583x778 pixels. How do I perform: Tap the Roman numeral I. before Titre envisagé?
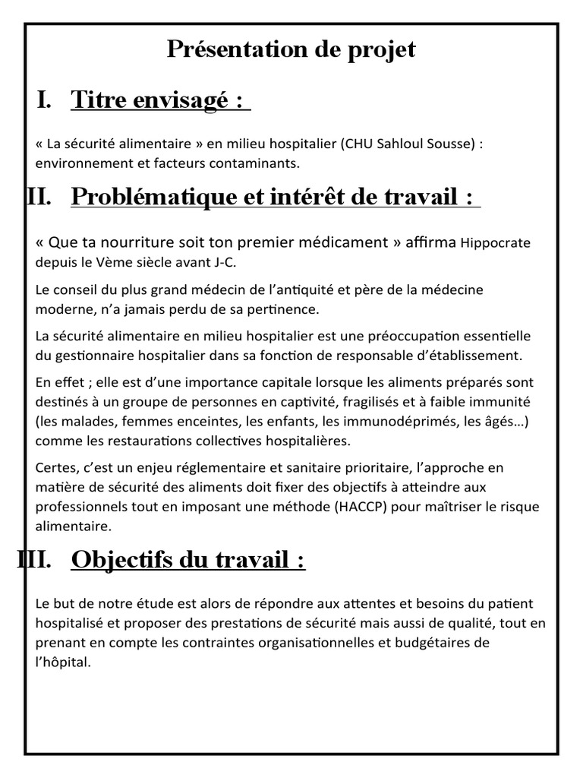coord(44,99)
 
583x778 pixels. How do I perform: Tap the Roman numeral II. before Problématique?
coord(39,197)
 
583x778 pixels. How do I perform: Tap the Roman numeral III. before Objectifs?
coord(33,560)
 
